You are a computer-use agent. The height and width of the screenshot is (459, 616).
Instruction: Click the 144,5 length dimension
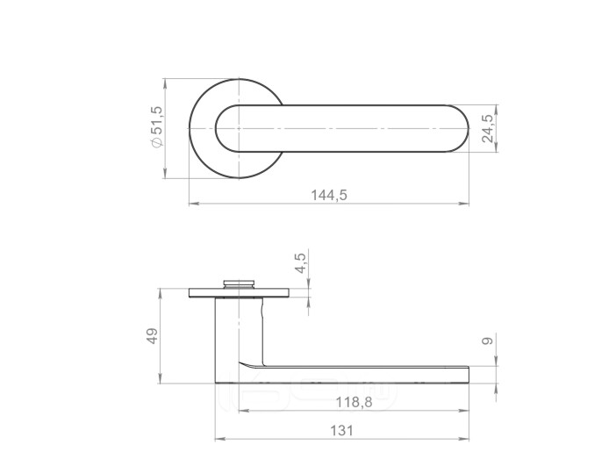pos(329,195)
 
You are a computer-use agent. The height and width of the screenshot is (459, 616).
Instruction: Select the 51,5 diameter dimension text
pos(156,120)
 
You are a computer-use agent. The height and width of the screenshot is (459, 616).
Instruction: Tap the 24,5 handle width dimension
pos(488,128)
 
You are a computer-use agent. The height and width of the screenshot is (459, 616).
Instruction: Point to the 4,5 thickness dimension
pos(300,263)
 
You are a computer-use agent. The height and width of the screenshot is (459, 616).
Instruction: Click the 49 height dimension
pos(153,336)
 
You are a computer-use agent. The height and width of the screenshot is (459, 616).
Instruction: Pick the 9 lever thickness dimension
pos(487,341)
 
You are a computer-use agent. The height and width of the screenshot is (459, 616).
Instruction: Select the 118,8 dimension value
pos(354,403)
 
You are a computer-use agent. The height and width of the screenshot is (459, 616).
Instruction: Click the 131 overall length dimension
pos(341,431)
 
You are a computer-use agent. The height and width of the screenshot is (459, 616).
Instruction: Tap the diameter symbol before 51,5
pos(156,142)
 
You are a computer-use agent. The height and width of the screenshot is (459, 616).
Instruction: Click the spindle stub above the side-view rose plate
pos(239,283)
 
